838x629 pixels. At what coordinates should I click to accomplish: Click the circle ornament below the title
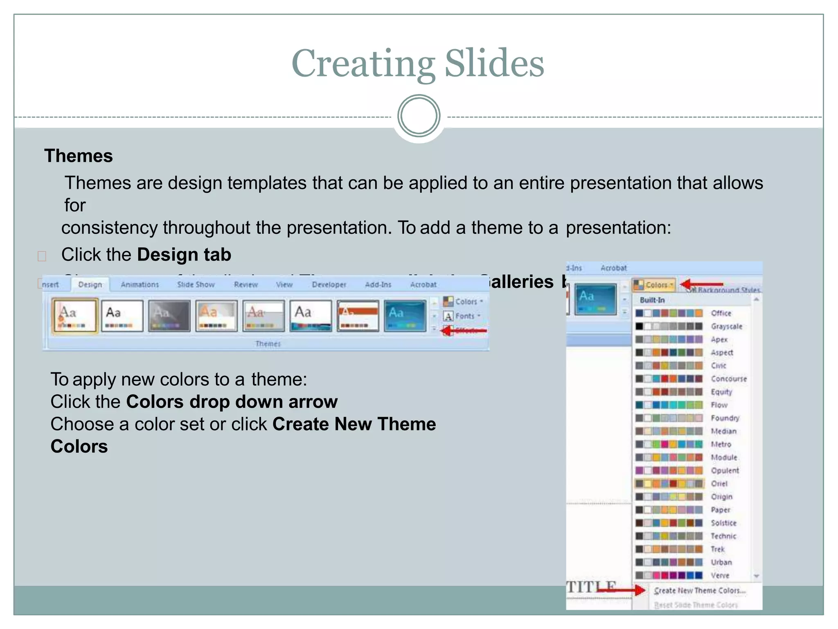(419, 116)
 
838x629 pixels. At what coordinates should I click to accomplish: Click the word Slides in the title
(494, 63)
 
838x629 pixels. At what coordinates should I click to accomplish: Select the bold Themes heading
(79, 156)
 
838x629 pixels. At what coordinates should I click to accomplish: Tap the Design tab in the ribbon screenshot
(90, 285)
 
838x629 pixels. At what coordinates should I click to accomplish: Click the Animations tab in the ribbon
(140, 285)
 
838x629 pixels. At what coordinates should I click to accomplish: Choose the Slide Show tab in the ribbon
(196, 285)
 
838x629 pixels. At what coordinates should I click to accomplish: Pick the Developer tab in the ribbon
(329, 285)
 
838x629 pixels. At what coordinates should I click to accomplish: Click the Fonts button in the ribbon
(464, 316)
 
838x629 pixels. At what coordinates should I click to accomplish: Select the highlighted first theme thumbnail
(75, 315)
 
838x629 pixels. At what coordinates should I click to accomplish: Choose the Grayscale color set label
(726, 326)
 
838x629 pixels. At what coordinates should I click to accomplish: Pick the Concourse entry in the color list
(728, 379)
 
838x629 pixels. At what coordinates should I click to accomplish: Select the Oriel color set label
(719, 484)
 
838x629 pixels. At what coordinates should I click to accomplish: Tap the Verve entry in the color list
(720, 575)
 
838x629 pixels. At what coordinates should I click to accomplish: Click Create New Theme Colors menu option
(700, 591)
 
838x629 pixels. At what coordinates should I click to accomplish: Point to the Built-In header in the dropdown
(652, 300)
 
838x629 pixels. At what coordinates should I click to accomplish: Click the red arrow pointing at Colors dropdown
(701, 284)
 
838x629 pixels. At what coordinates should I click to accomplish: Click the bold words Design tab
(184, 255)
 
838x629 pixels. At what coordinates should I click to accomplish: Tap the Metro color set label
(721, 444)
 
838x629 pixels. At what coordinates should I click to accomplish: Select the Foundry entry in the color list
(725, 418)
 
